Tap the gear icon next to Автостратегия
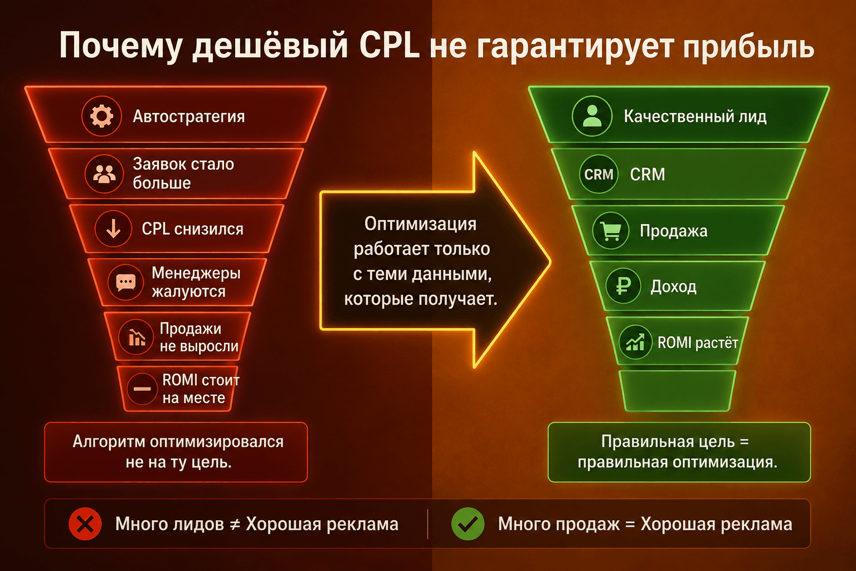(x=101, y=116)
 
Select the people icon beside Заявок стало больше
(x=104, y=174)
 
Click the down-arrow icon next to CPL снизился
(x=114, y=229)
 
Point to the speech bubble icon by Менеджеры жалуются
(x=126, y=282)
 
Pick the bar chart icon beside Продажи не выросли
(x=136, y=337)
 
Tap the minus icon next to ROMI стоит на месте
(x=142, y=389)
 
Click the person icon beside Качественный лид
(x=592, y=116)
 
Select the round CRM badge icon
(x=599, y=174)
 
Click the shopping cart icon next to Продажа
(x=611, y=231)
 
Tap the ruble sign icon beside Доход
(x=623, y=285)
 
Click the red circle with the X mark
(x=85, y=524)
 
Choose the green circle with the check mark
(x=468, y=524)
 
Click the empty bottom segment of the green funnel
(x=677, y=390)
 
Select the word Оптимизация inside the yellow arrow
(x=420, y=224)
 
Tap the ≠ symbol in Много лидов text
(x=235, y=524)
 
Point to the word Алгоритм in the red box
(x=109, y=442)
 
